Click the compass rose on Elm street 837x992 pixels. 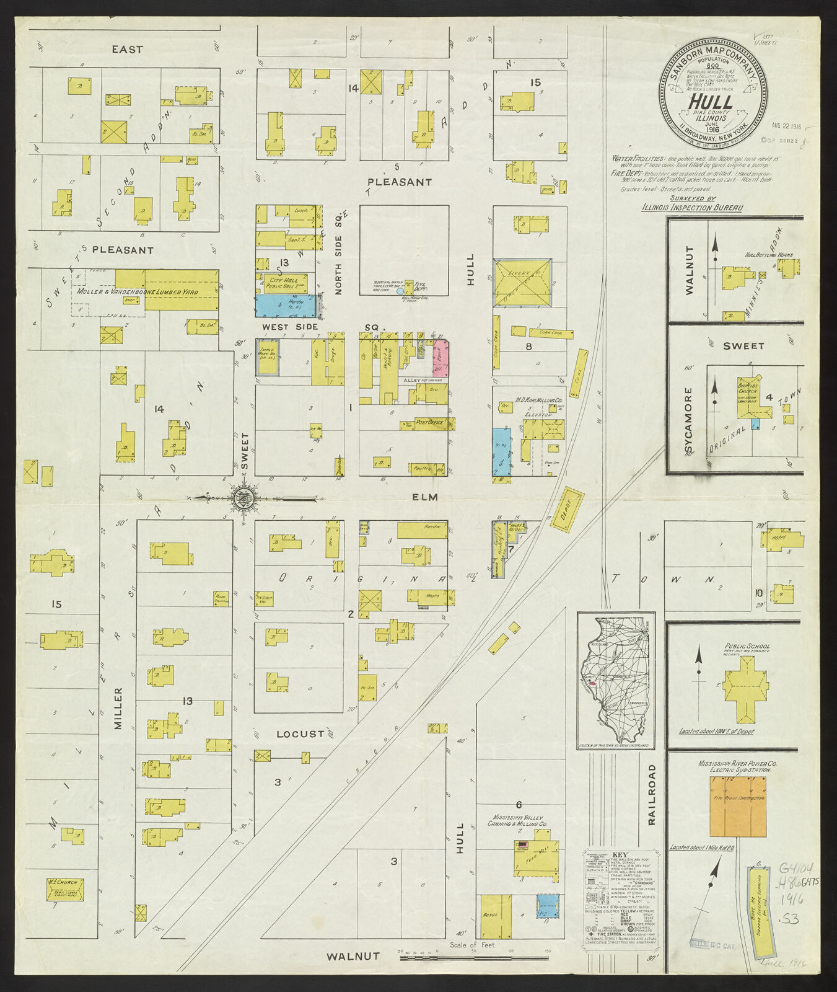[x=242, y=497]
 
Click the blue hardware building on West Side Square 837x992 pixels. [x=285, y=306]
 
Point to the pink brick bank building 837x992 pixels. [x=440, y=357]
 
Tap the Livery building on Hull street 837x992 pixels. [x=522, y=283]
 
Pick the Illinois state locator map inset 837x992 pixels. [x=616, y=680]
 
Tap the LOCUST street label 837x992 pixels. [x=300, y=734]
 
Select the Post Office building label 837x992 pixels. [x=432, y=422]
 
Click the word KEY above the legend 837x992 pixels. [x=620, y=854]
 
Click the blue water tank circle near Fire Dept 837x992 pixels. [x=400, y=291]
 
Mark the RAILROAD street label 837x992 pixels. [x=652, y=794]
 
